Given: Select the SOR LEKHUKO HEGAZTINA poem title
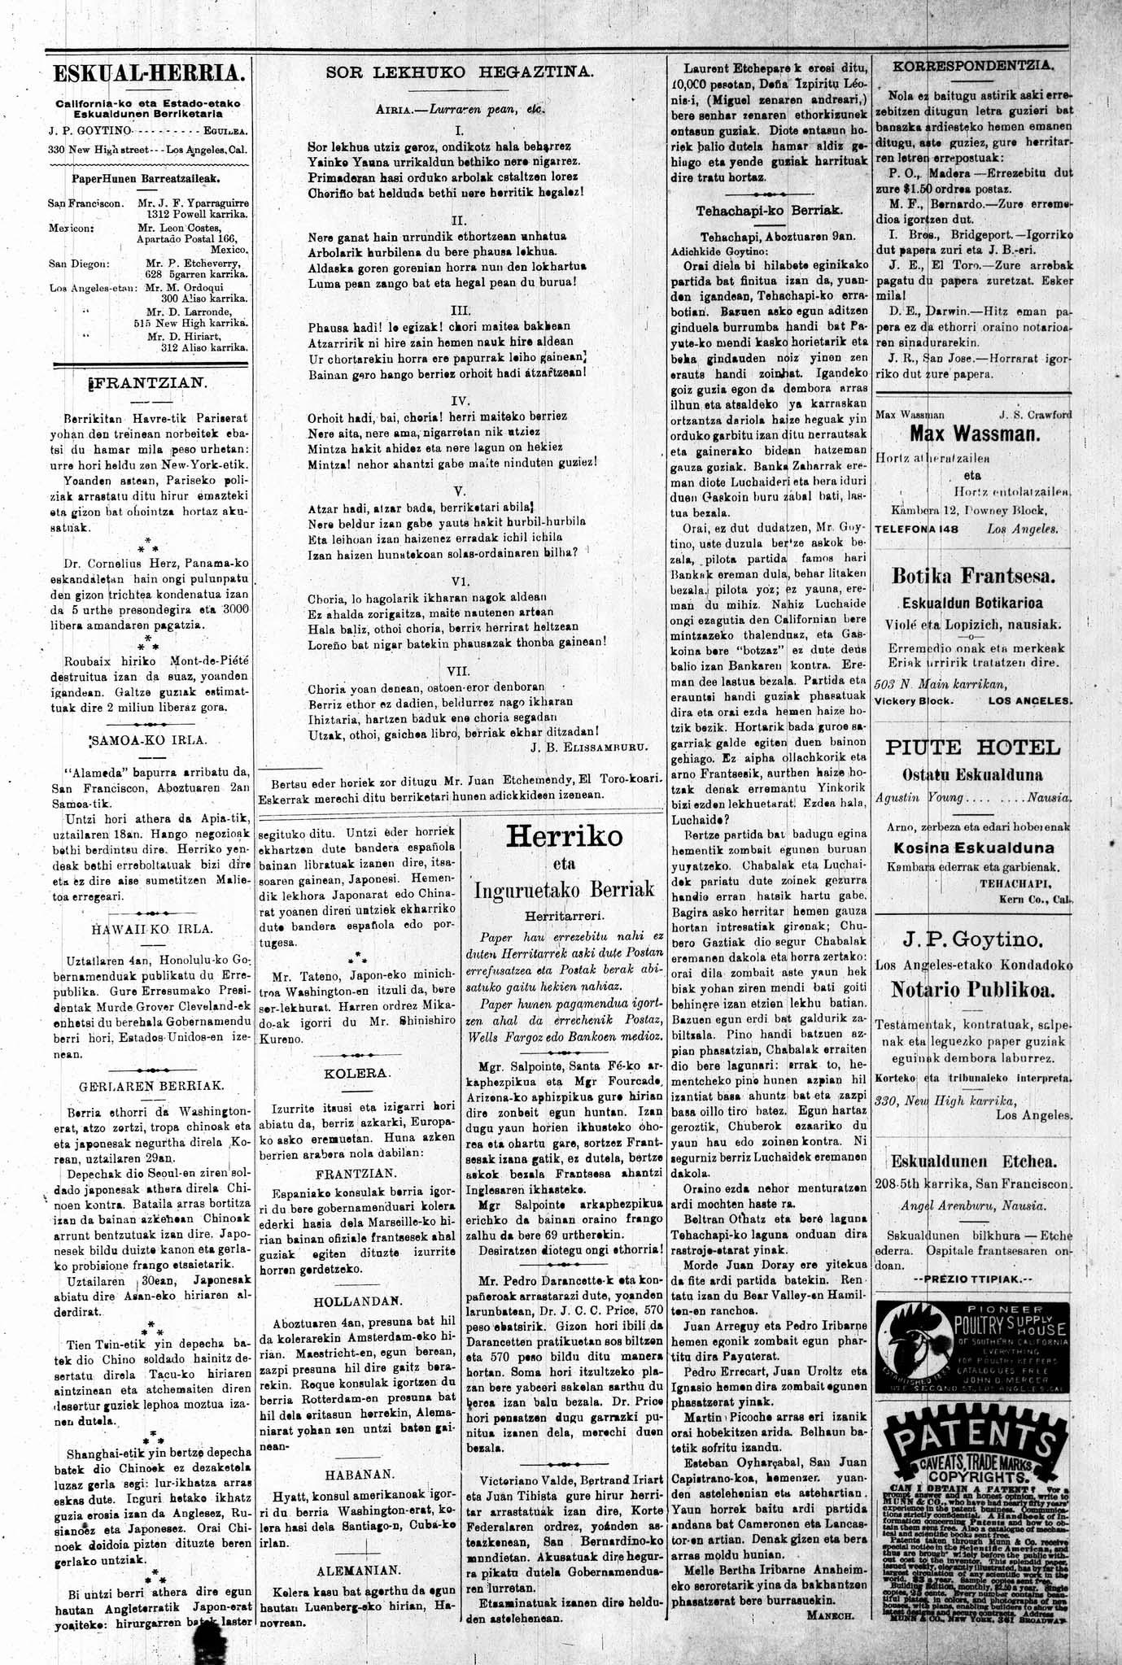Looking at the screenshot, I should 461,72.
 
